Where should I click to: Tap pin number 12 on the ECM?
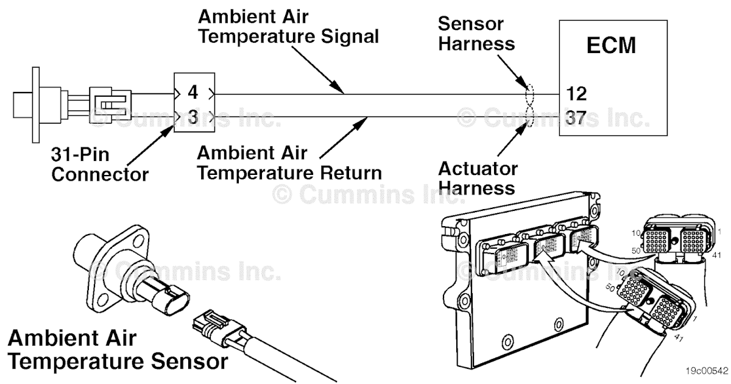click(576, 94)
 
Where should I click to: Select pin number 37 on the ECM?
click(576, 117)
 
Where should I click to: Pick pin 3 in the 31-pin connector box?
click(193, 116)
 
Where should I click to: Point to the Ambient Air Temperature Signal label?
click(289, 26)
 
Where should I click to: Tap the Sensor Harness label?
click(476, 34)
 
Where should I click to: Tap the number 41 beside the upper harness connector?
click(716, 254)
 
